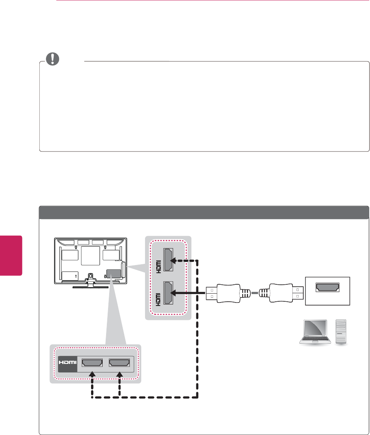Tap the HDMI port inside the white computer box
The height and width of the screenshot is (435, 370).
(328, 287)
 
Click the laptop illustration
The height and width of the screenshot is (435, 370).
(314, 332)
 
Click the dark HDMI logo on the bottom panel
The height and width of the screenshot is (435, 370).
(67, 364)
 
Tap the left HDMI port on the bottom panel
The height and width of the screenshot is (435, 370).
(92, 364)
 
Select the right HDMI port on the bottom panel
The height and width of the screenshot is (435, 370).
(120, 364)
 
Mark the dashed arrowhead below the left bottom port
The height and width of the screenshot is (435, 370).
(92, 374)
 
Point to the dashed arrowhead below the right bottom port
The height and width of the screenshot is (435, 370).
(120, 374)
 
